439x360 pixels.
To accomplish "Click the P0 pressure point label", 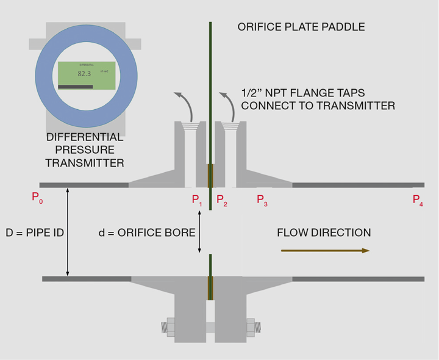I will [37, 198].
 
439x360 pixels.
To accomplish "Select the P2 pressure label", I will [221, 200].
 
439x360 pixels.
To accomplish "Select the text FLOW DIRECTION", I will [323, 232].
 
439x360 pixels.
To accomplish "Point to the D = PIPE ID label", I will [35, 232].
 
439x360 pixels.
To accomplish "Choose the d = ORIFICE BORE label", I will [147, 232].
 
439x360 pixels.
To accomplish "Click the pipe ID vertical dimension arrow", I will [68, 232].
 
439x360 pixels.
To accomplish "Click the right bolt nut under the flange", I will [250, 326].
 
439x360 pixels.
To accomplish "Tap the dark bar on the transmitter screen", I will [75, 87].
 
